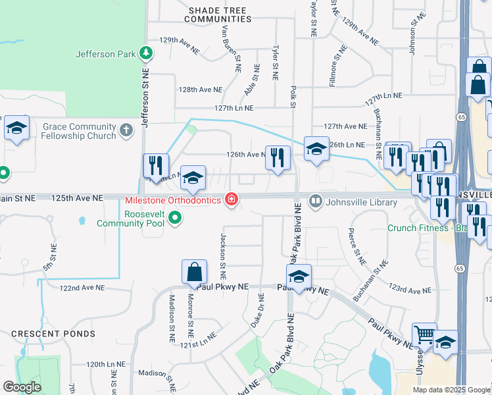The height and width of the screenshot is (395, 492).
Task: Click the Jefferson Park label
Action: point(105,54)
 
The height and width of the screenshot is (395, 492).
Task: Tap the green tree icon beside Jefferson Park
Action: point(148,54)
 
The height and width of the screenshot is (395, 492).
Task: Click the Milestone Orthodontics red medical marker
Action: point(232,199)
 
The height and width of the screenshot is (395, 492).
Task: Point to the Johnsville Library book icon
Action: point(316,201)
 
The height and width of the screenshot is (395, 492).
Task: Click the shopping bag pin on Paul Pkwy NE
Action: point(195,272)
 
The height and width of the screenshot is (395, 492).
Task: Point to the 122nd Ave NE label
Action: point(82,288)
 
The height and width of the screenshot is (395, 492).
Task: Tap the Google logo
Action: point(22,387)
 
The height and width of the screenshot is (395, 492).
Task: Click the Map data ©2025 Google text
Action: point(451,390)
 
